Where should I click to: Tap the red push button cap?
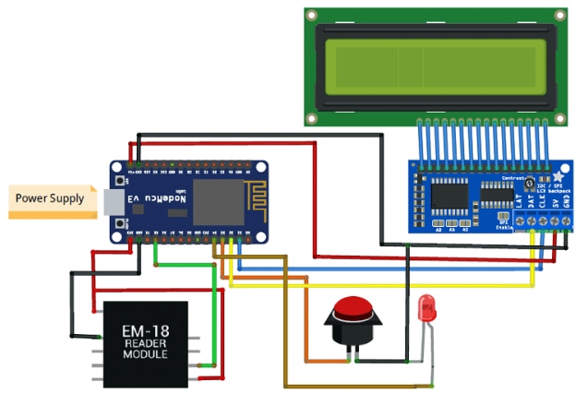pos(352,308)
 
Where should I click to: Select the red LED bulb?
pos(427,306)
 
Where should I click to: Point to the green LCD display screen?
pos(433,62)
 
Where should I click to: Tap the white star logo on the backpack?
pos(558,174)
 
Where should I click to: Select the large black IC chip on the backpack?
pos(468,194)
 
